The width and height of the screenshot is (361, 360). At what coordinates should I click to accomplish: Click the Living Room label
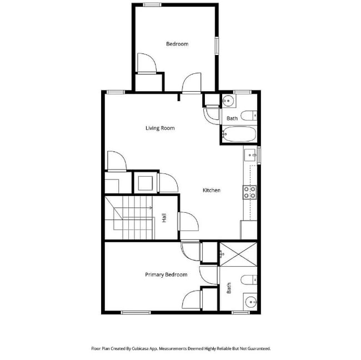coord(160,128)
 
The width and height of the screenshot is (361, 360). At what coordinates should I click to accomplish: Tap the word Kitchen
coord(211,191)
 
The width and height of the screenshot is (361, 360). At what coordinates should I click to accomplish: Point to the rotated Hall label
coord(164,218)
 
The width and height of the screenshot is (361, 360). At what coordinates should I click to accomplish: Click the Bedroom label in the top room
coord(177,44)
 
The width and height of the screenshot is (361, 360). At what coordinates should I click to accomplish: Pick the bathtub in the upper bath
coord(239,134)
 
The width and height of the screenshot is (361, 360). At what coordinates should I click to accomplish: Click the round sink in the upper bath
coord(228,102)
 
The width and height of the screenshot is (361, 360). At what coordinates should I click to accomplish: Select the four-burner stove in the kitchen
coord(250,192)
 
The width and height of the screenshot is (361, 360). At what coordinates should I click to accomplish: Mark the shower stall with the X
coord(238,254)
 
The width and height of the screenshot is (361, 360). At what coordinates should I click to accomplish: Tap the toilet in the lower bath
coord(249,279)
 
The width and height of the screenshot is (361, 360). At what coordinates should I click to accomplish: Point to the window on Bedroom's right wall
coord(217,46)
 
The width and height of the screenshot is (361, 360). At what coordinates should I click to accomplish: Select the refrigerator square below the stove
coord(249,229)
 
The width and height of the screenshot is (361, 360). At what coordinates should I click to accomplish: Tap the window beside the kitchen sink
coord(259,154)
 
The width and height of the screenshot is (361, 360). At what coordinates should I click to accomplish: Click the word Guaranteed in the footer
coord(257,348)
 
